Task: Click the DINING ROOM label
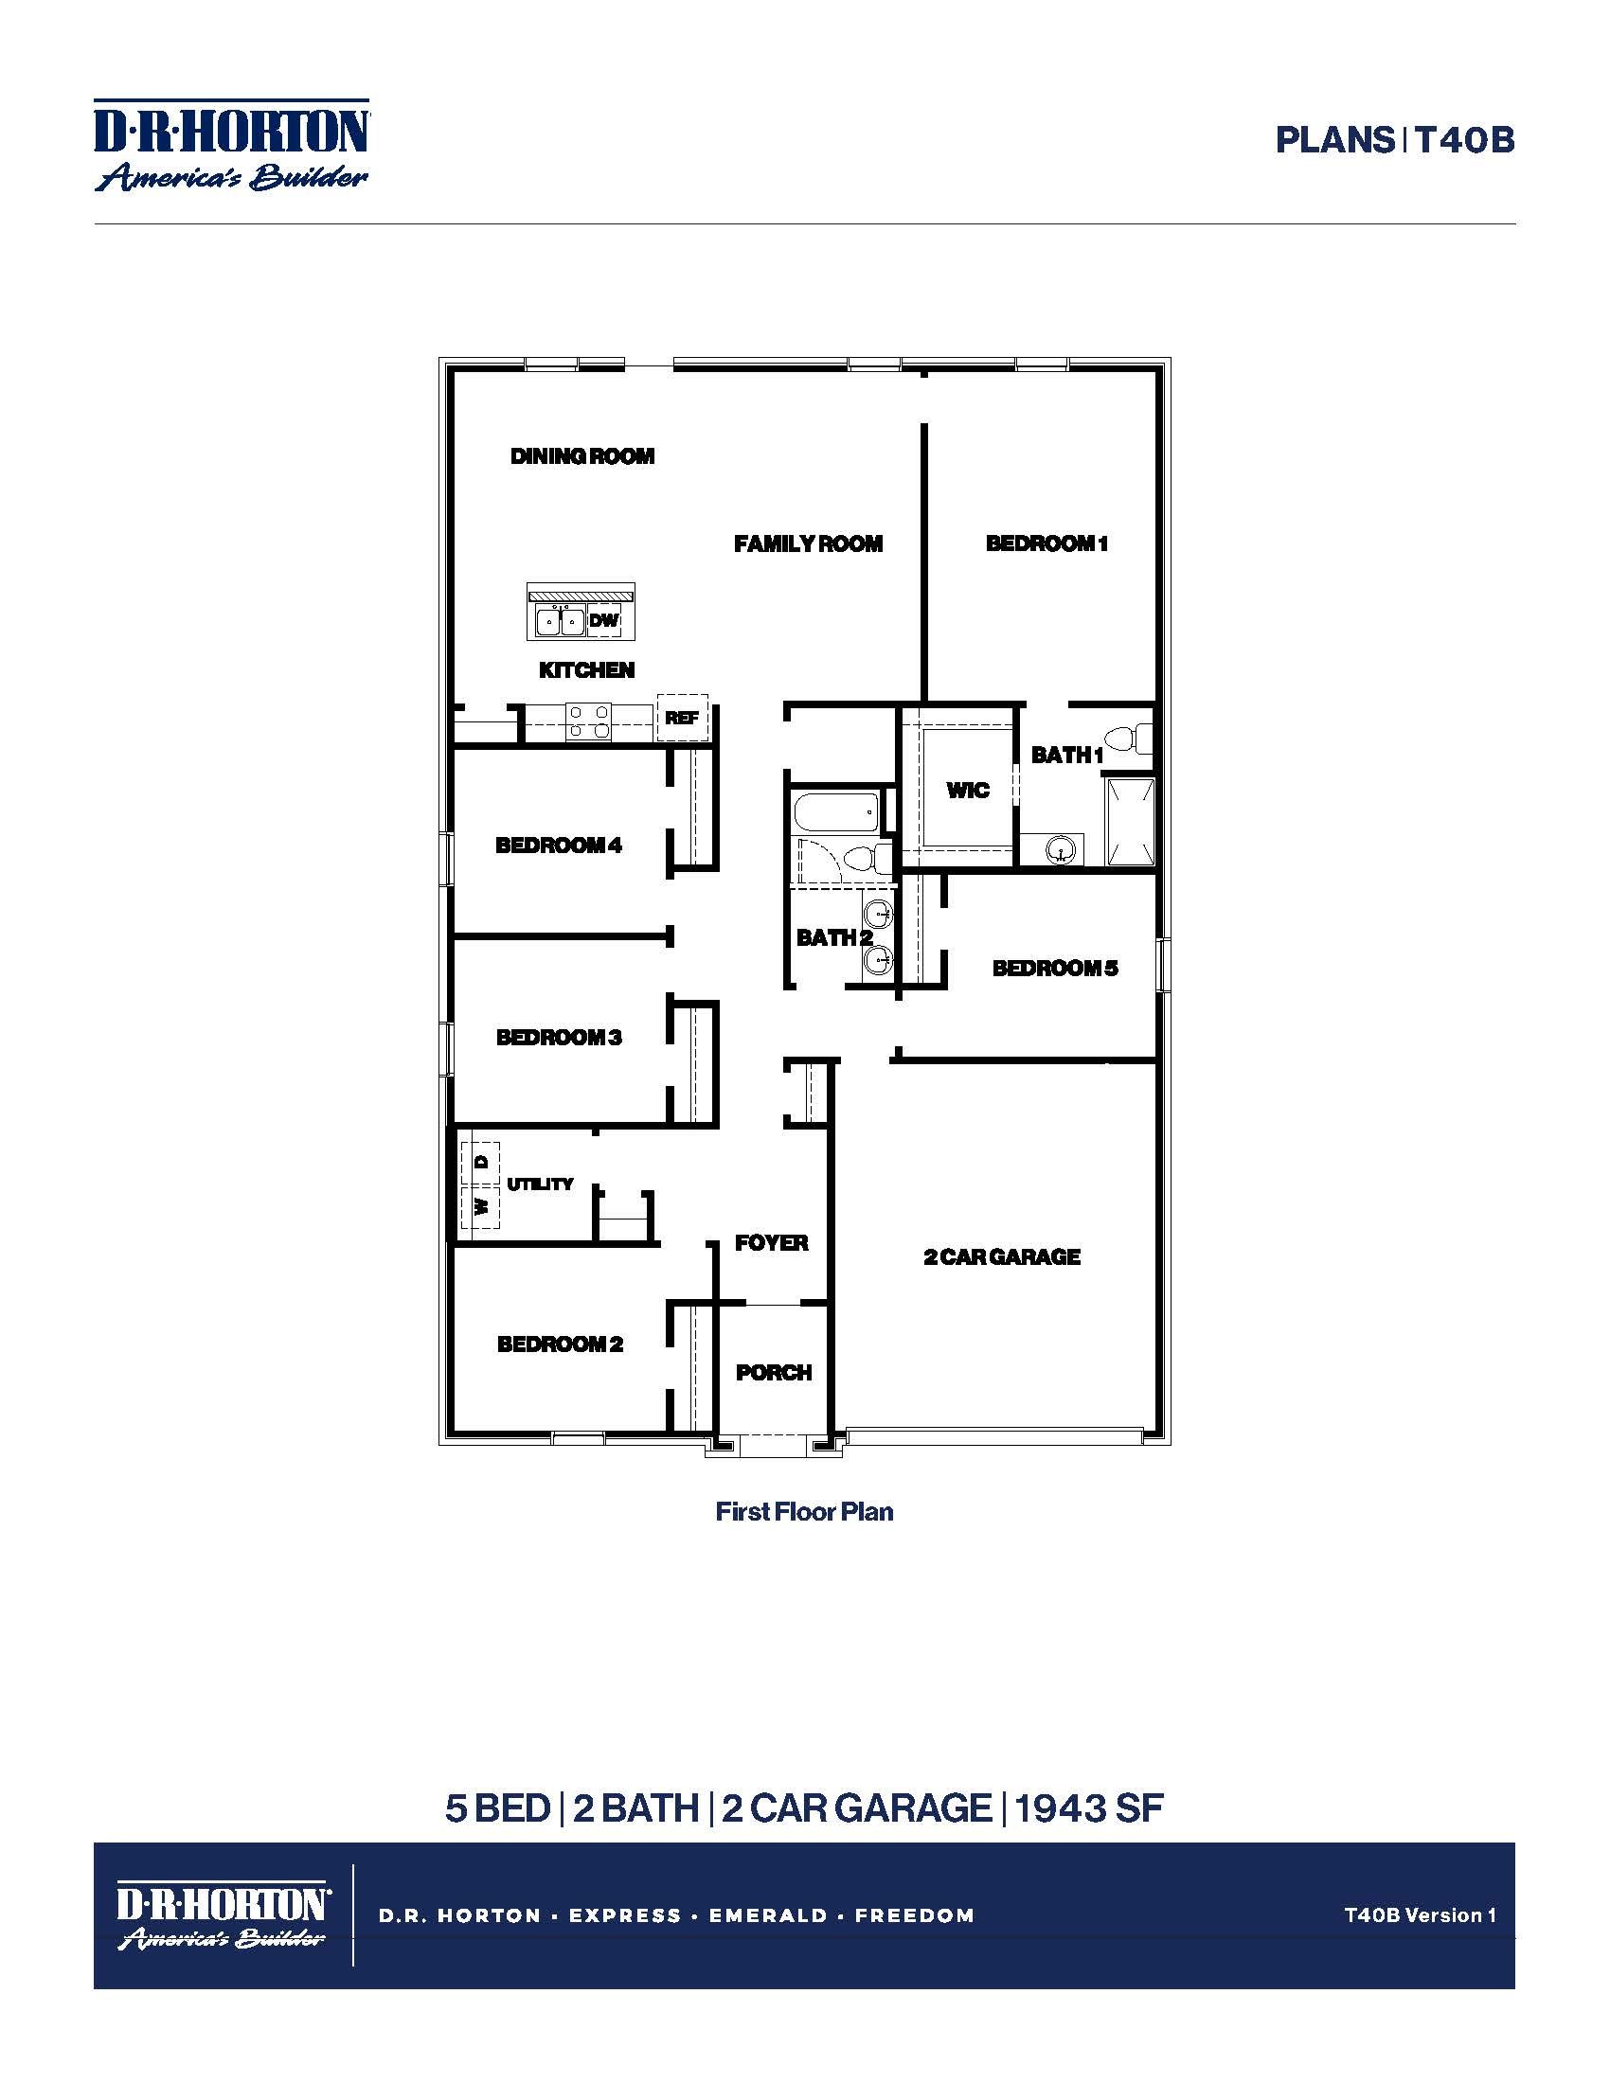click(x=581, y=456)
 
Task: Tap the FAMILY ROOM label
click(x=808, y=543)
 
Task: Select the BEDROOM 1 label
click(x=1046, y=543)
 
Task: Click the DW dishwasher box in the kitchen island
click(x=604, y=621)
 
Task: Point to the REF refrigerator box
click(x=682, y=719)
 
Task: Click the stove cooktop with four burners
click(x=587, y=722)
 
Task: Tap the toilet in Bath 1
click(x=1130, y=739)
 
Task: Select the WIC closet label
click(x=967, y=790)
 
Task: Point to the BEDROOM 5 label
click(x=1054, y=968)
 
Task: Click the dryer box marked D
click(x=482, y=1162)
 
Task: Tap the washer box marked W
click(x=482, y=1206)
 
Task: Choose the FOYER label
click(x=772, y=1243)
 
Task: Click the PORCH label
click(x=774, y=1373)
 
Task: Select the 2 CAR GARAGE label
click(x=1001, y=1257)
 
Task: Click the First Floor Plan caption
click(x=804, y=1512)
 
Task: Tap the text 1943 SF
click(x=1089, y=1808)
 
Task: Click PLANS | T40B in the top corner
click(x=1394, y=141)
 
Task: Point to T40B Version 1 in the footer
click(x=1420, y=1914)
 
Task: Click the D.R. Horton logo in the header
click(x=232, y=145)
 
